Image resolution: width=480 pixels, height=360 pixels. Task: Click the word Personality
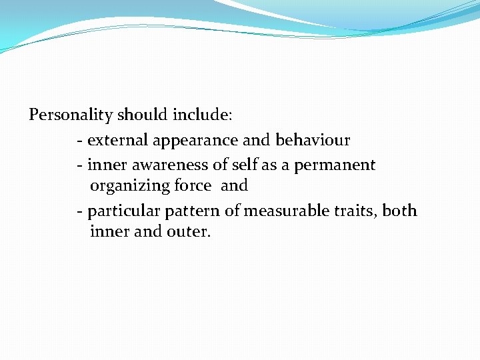click(x=71, y=115)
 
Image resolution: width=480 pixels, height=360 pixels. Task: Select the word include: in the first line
click(x=203, y=115)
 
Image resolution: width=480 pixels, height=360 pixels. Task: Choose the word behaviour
click(x=313, y=141)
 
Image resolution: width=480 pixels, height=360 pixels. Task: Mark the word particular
click(x=119, y=211)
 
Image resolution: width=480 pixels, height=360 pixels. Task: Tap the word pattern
click(x=180, y=211)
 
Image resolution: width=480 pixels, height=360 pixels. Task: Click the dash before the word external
click(x=80, y=141)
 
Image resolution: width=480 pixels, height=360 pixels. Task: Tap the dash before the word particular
click(x=80, y=212)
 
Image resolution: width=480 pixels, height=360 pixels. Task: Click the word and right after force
click(x=234, y=186)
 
